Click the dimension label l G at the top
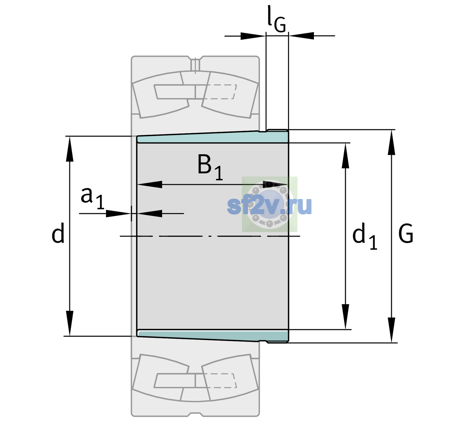(276, 19)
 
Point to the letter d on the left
(58, 233)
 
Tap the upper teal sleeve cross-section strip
(213, 137)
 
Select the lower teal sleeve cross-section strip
(213, 336)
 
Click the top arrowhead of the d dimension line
(70, 148)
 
